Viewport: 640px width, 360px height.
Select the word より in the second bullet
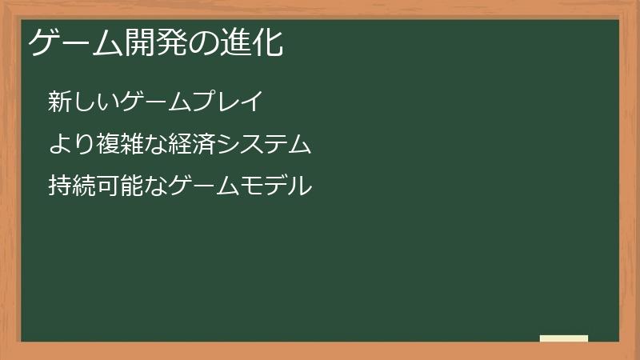point(70,145)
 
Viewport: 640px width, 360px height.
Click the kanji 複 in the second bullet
point(103,145)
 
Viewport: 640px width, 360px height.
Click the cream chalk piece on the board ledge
point(563,338)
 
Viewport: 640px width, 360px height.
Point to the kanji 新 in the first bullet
point(59,102)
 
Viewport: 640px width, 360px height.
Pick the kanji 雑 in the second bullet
point(125,145)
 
